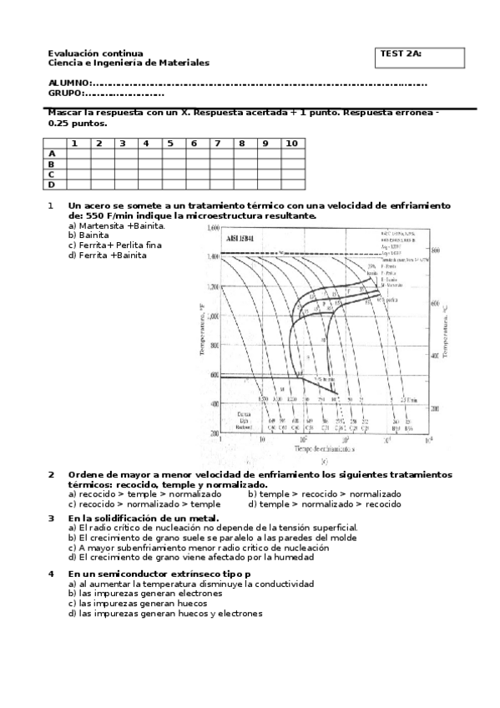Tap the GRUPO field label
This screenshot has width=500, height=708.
pos(65,94)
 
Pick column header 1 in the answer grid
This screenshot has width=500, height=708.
pos(75,144)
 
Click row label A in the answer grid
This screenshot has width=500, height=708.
pos(52,154)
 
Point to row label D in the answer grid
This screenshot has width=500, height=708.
pos(52,185)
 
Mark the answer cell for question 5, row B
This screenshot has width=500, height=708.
pos(169,164)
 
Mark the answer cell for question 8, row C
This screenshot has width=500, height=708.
pos(242,174)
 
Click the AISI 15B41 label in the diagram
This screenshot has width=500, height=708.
pos(240,239)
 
